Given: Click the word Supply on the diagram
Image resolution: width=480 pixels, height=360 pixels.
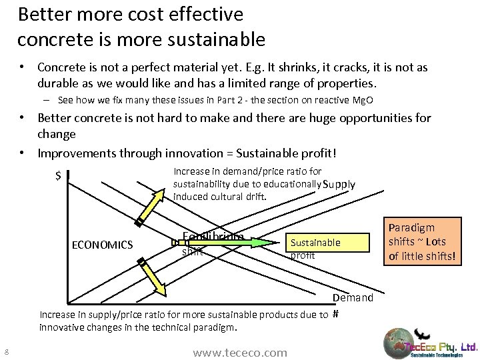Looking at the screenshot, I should [339, 185].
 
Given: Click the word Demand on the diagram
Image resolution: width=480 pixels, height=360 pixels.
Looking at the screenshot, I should [353, 297].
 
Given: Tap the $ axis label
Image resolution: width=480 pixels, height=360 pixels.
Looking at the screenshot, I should [59, 177].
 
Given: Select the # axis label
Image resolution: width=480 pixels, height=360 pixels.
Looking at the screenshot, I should [336, 315].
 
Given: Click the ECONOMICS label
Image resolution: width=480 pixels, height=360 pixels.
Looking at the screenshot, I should [102, 245].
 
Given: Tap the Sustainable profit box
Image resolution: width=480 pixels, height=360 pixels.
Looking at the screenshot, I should [327, 248].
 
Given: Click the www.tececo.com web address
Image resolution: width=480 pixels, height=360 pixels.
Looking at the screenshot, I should [239, 353].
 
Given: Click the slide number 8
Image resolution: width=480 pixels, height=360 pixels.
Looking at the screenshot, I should [5, 352].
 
